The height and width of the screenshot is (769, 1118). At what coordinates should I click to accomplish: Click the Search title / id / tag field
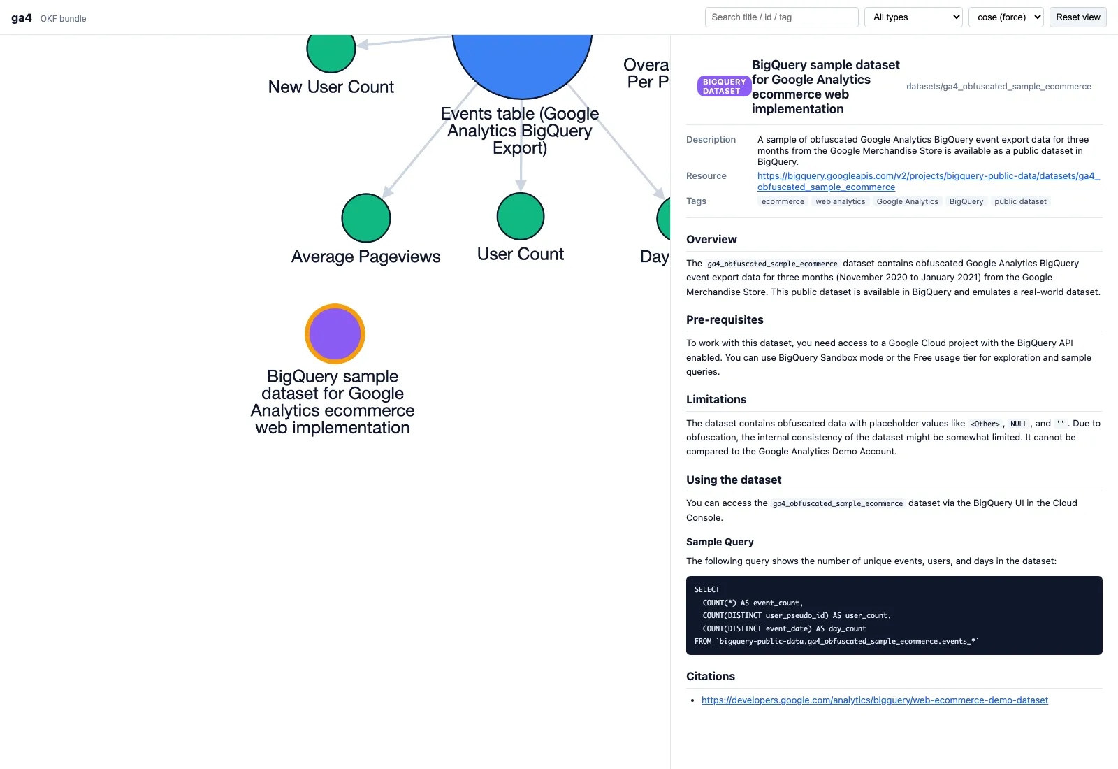click(781, 17)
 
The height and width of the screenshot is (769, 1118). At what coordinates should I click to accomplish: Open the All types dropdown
click(913, 17)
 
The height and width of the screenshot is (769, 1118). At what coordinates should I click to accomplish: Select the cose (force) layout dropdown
click(1006, 17)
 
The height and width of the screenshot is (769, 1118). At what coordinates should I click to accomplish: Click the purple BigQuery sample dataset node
click(335, 333)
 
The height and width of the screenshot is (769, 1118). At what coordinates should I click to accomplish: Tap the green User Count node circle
click(521, 216)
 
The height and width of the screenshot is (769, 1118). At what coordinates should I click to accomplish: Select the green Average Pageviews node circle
click(366, 217)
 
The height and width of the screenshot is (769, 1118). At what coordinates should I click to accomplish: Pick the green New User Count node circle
click(331, 49)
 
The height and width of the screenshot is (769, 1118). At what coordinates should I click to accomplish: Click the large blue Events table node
click(522, 62)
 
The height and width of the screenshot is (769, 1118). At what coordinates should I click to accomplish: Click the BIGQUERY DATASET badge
click(724, 86)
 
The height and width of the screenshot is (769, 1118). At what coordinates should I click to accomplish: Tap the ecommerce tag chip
click(783, 201)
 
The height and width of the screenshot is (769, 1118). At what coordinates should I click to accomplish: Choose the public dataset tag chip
click(1020, 201)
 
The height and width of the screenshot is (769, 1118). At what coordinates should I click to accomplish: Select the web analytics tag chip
click(840, 201)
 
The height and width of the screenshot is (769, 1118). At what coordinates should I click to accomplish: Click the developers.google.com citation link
click(874, 700)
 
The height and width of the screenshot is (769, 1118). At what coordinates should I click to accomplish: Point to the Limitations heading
click(716, 399)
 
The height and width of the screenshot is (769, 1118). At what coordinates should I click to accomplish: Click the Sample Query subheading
click(720, 542)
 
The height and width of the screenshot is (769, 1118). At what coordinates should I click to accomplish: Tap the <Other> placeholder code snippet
click(985, 424)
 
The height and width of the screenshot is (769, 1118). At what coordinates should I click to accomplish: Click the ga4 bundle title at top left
click(22, 18)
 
